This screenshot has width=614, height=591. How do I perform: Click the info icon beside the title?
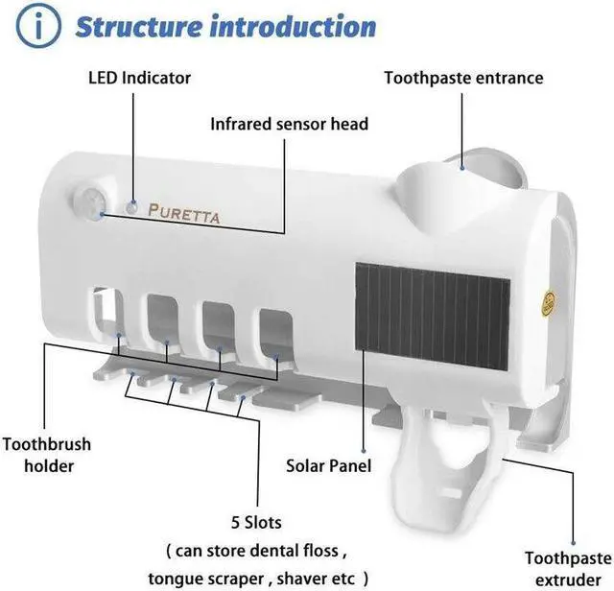coord(37,26)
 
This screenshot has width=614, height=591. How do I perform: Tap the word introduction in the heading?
coord(295,26)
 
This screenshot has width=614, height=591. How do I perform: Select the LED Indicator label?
coord(140,78)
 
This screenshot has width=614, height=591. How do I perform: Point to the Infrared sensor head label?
coord(289,124)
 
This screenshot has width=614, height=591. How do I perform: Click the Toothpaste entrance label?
coord(463,78)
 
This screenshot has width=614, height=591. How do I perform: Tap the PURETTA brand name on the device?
coord(184,210)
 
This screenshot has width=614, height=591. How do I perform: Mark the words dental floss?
coord(295,552)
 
